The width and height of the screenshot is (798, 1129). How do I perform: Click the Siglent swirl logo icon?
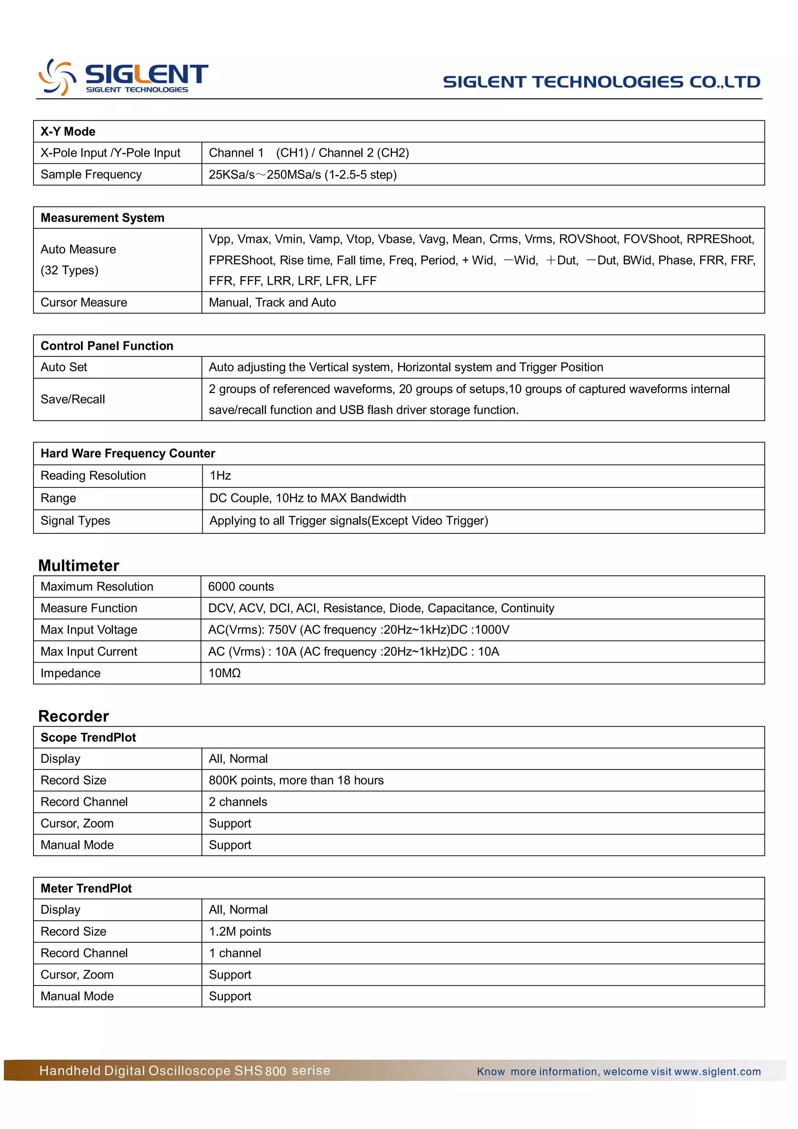[x=58, y=77]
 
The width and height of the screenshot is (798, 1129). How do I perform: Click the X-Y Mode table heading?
[x=68, y=131]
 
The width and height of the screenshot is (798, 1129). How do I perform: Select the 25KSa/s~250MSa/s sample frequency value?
[x=302, y=175]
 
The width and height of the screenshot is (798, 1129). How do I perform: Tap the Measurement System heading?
[x=102, y=218]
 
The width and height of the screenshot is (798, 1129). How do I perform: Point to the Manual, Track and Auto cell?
[x=272, y=302]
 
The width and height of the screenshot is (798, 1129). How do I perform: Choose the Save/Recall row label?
[x=73, y=399]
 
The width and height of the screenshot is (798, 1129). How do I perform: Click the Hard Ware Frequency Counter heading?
[x=128, y=453]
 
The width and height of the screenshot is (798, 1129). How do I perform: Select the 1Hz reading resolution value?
[x=220, y=476]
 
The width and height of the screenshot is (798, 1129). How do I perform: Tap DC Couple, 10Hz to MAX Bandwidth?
[x=307, y=498]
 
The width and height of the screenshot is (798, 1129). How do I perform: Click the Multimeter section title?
[x=79, y=566]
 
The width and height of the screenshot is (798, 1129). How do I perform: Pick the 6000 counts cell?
[x=241, y=587]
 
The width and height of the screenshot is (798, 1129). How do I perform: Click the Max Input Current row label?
[x=89, y=651]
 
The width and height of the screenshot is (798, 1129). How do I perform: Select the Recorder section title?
[x=74, y=716]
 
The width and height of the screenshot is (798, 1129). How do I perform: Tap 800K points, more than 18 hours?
[x=296, y=780]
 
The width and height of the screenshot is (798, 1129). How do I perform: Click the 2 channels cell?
[x=238, y=802]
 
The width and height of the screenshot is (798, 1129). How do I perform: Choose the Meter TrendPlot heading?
[x=86, y=888]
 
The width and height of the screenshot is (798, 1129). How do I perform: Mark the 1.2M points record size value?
[x=240, y=931]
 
